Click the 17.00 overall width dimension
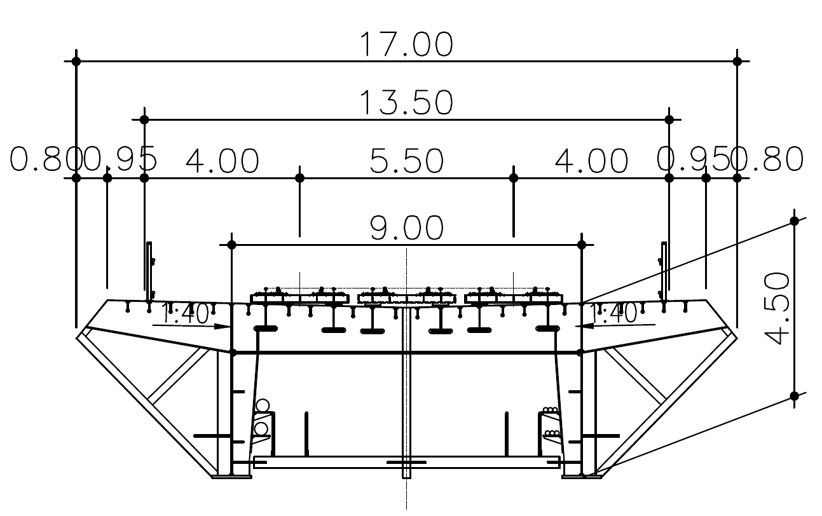pyautogui.click(x=406, y=44)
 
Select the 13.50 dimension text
pyautogui.click(x=406, y=103)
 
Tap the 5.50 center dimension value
pyautogui.click(x=407, y=161)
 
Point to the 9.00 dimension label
pyautogui.click(x=407, y=227)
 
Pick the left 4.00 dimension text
pyautogui.click(x=223, y=161)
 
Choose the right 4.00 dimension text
pyautogui.click(x=591, y=161)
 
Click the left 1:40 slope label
pyautogui.click(x=185, y=313)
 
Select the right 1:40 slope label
pyautogui.click(x=612, y=313)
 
